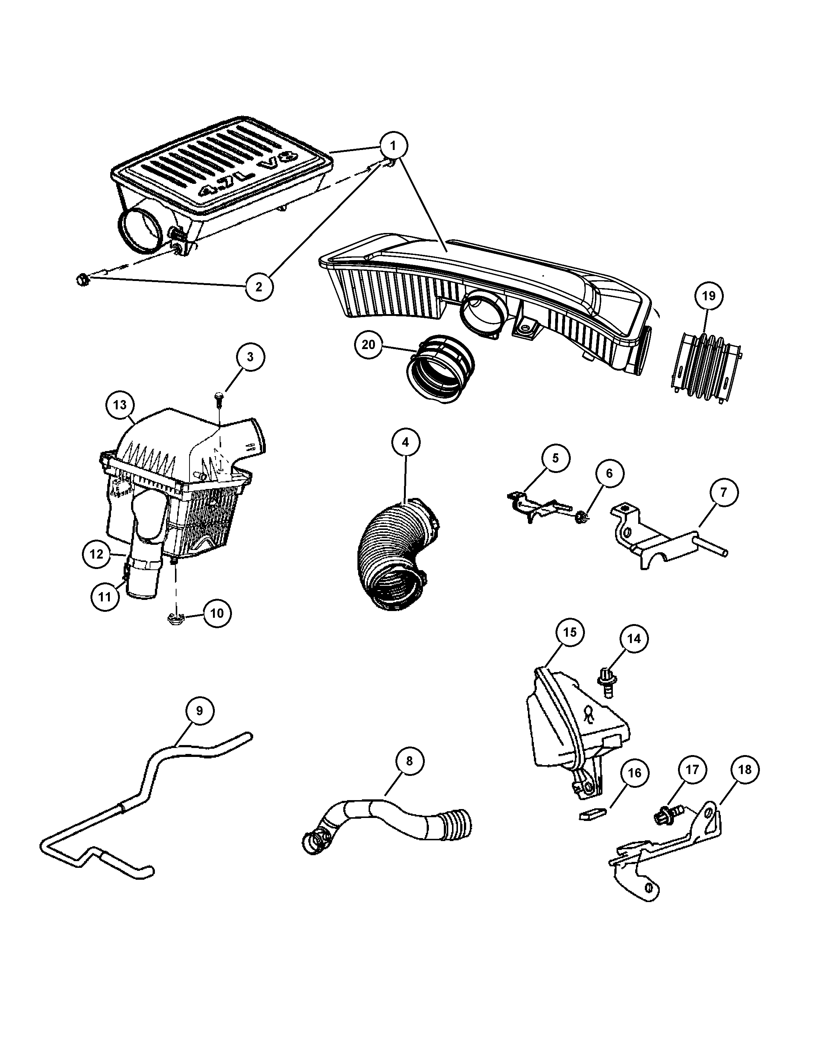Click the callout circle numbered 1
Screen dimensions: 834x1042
(393, 146)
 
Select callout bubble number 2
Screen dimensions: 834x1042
(259, 287)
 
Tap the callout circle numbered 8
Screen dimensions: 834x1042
(410, 761)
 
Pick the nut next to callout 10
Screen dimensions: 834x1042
(175, 618)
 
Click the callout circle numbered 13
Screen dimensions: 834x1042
(120, 405)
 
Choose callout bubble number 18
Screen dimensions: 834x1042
(745, 770)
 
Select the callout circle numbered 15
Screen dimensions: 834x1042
(570, 632)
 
